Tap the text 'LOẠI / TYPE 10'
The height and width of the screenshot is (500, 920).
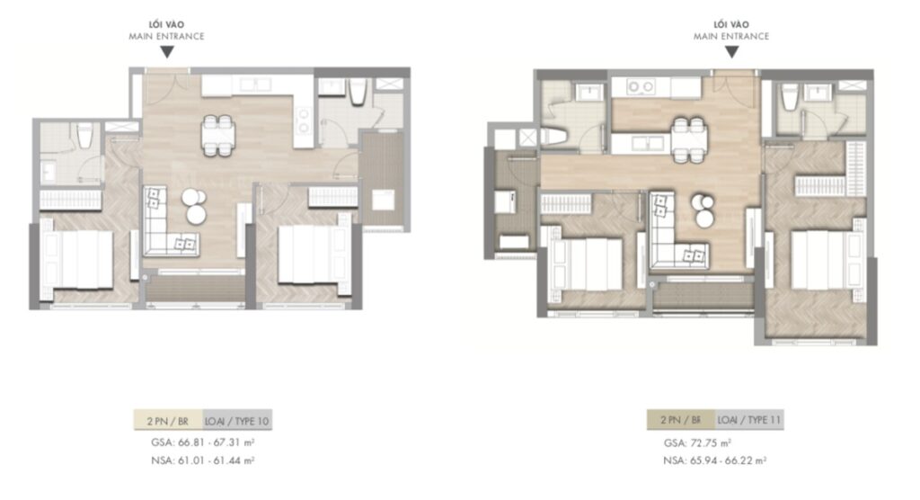pos(237,420)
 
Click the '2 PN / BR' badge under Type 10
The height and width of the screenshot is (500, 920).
pos(166,420)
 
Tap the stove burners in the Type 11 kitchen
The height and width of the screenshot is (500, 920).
pos(641,87)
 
